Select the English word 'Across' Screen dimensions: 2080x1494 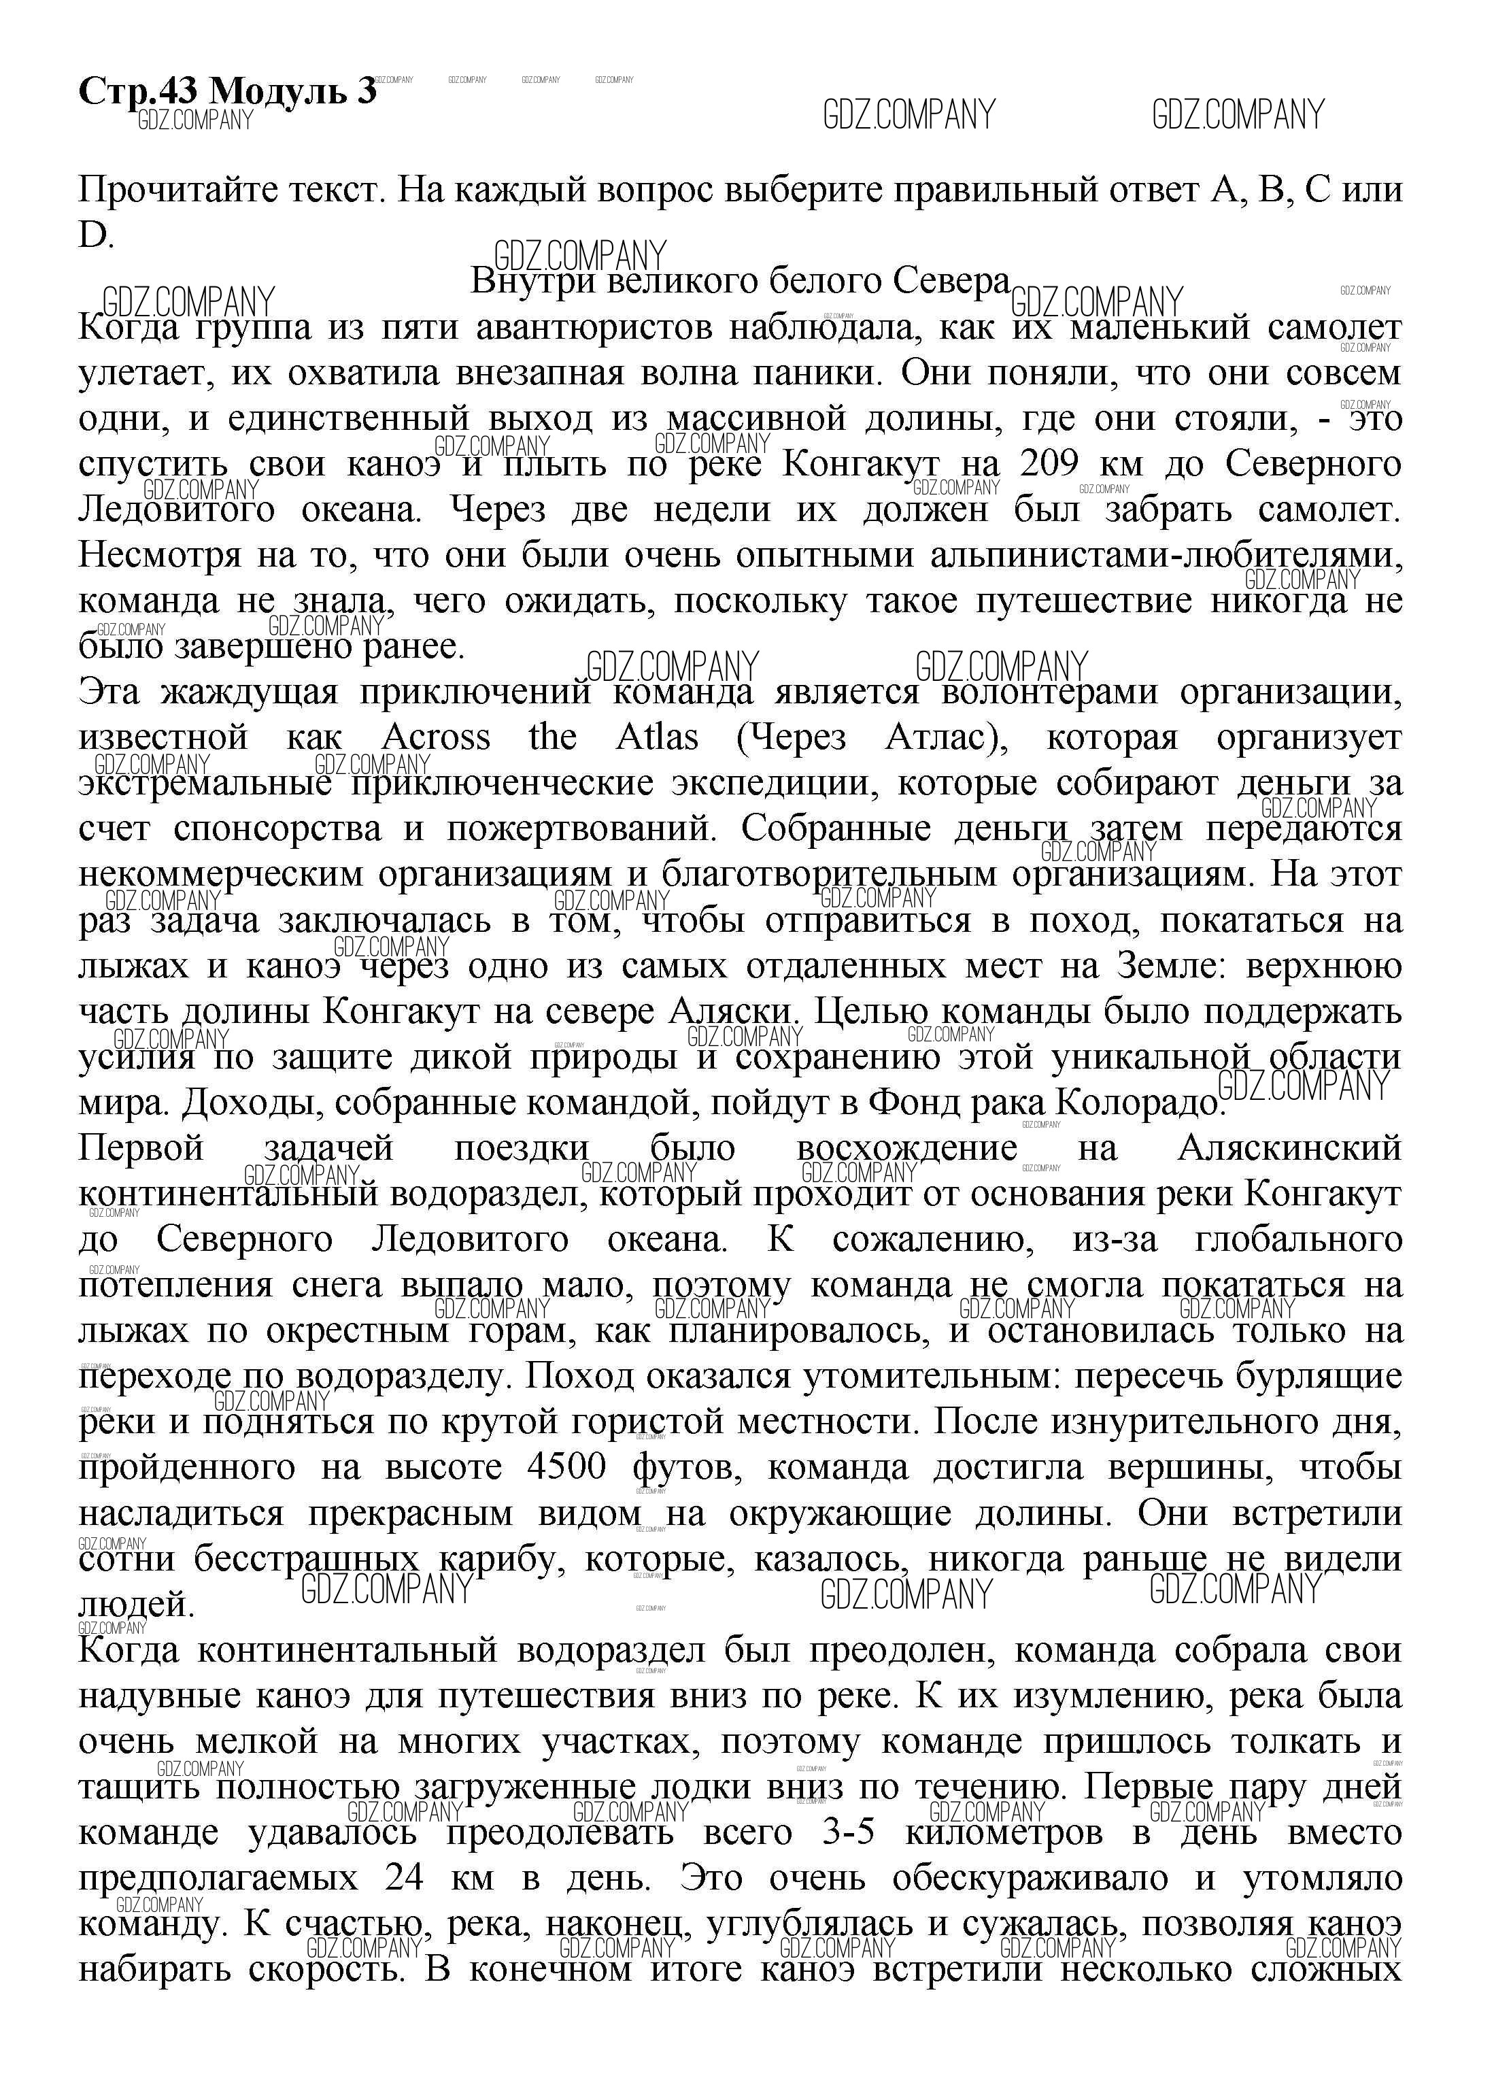[x=436, y=737]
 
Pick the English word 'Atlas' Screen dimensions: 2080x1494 [x=657, y=737]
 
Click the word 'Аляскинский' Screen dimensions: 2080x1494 [x=1289, y=1148]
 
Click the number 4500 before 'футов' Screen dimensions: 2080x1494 [x=566, y=1467]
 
